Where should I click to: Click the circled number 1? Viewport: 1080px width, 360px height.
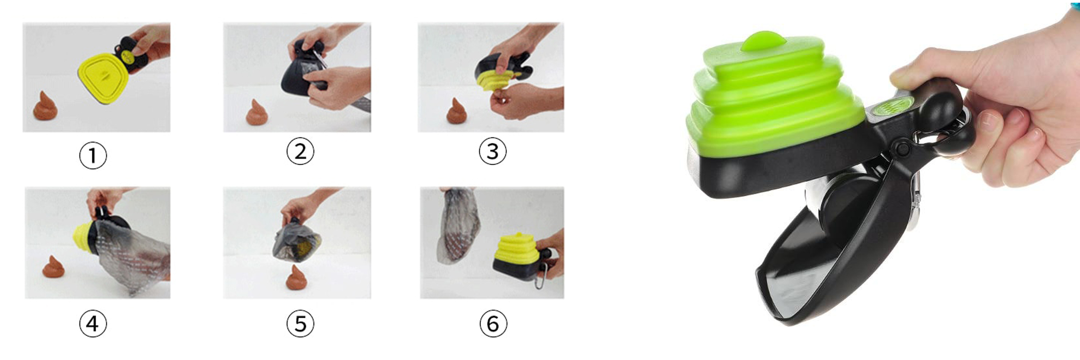point(93,156)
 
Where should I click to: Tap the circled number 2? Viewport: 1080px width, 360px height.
point(300,151)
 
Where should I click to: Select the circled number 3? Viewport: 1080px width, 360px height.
point(493,151)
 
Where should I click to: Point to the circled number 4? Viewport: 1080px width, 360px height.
point(93,324)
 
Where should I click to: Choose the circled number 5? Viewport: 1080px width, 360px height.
point(300,324)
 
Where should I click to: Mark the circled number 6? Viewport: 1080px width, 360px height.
point(493,324)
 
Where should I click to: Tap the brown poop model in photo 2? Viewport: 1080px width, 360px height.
point(257,113)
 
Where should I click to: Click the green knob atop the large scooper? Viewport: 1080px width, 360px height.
point(764,40)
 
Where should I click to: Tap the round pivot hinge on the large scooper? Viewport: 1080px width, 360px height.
point(901,147)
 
